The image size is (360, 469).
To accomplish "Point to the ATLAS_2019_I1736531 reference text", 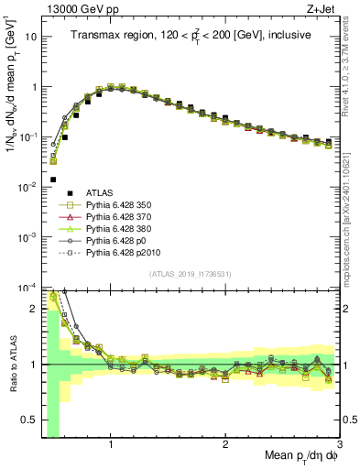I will tap(190, 274).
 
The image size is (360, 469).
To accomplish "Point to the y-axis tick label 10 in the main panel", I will tap(29, 38).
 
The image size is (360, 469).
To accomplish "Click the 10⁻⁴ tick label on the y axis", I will tap(27, 287).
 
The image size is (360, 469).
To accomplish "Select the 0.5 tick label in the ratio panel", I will tap(27, 420).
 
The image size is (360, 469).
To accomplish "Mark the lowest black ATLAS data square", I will tap(53, 180).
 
